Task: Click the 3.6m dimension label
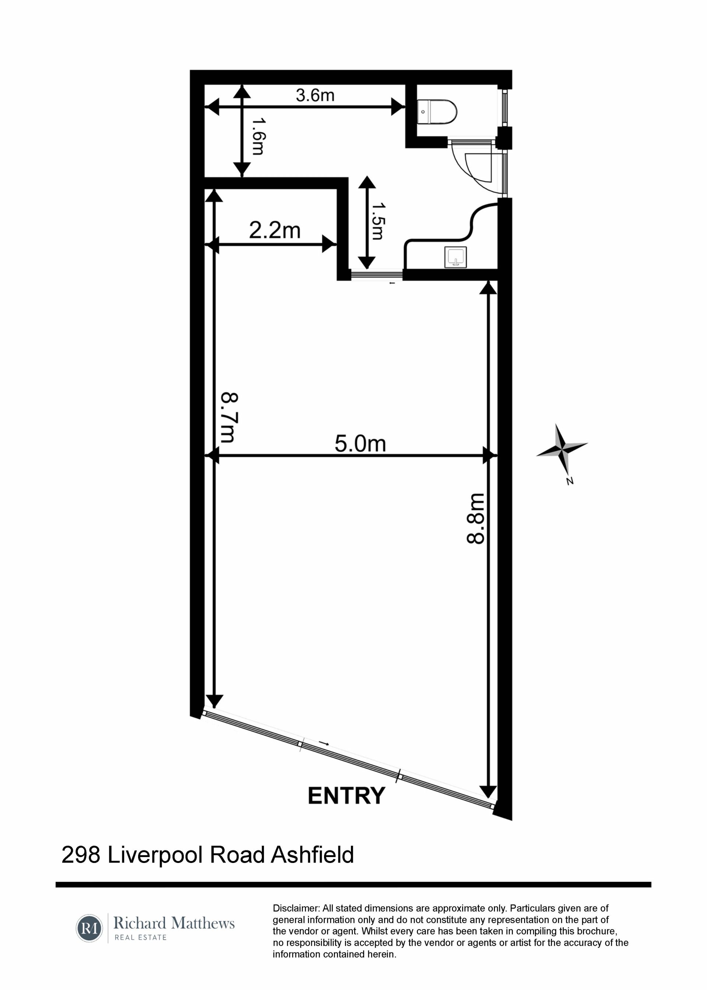[315, 95]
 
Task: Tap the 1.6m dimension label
[258, 136]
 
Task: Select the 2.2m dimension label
[275, 230]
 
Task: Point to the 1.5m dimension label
[377, 221]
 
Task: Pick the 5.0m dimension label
[360, 444]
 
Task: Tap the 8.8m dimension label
[475, 519]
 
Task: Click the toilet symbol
[437, 112]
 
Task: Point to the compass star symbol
[562, 449]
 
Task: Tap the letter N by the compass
[569, 481]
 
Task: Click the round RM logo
[89, 928]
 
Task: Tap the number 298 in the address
[81, 855]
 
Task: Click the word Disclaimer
[296, 908]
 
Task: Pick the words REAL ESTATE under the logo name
[141, 937]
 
